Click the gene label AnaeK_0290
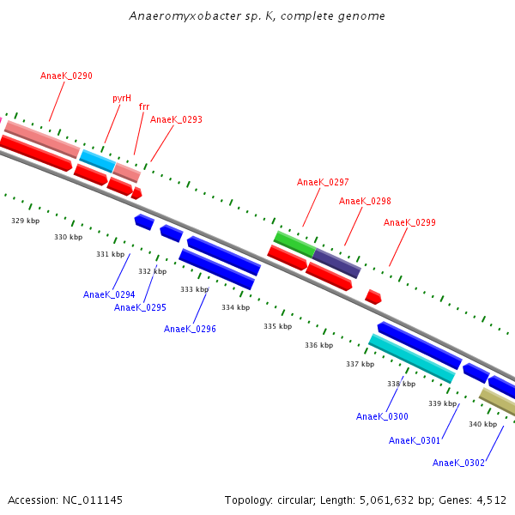point(66,76)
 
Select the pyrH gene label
point(122,98)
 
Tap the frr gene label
point(143,107)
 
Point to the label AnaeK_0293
point(176,119)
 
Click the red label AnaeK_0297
point(323,182)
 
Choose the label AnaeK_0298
point(365,201)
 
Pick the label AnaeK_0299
point(409,222)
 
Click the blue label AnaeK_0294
point(109,294)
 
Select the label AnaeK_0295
point(140,307)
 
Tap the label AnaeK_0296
point(190,329)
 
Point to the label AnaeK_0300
point(382,416)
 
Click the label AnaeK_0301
point(415,440)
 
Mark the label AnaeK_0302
point(458,463)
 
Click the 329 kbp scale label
point(25,221)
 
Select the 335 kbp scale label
point(277,326)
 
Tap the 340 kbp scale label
point(482,424)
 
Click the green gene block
point(294,243)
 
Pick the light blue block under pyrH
point(98,160)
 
